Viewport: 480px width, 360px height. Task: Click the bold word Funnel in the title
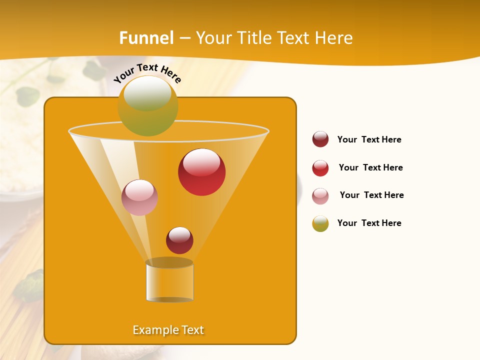[146, 38]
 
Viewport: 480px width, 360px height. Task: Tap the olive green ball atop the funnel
[148, 105]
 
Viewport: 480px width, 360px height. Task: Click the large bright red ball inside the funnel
[201, 172]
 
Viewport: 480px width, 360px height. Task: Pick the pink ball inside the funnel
[139, 197]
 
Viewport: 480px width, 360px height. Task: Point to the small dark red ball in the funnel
[179, 240]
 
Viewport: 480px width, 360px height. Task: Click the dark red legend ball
[320, 139]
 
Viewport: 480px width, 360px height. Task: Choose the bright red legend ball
[320, 168]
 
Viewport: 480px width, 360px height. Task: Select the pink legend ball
[320, 196]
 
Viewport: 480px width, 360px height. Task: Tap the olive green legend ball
[320, 223]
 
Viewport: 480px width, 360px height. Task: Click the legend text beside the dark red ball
[369, 139]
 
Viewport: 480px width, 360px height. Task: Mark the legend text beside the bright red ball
[370, 167]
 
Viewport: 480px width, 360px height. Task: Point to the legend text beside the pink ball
[371, 195]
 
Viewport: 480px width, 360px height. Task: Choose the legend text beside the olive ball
[369, 223]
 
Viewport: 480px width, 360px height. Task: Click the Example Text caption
[168, 330]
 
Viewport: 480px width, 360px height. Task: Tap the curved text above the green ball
[147, 72]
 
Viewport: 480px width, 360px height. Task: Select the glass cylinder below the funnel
[169, 281]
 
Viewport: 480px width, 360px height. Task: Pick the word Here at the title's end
[334, 38]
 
